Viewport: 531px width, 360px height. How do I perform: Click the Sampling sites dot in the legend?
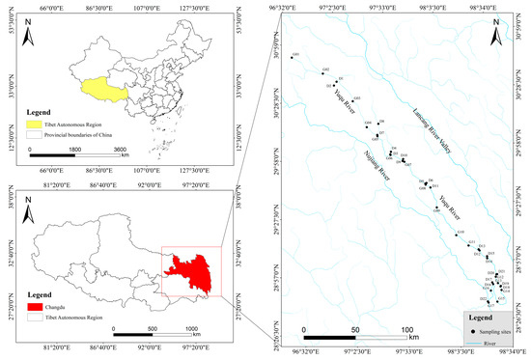pos(473,331)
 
